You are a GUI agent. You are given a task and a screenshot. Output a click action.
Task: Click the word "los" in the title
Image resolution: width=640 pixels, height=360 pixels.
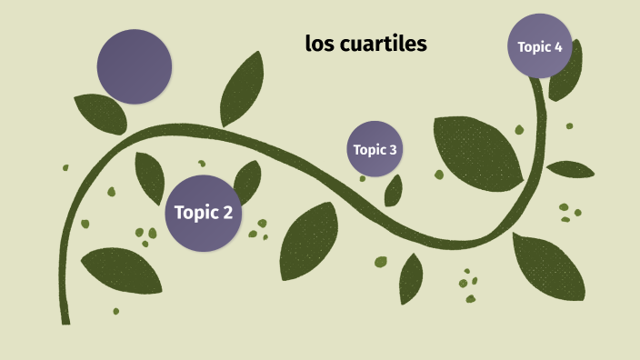[x=319, y=43]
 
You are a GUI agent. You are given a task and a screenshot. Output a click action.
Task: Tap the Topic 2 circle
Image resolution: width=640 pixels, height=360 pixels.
[x=204, y=213]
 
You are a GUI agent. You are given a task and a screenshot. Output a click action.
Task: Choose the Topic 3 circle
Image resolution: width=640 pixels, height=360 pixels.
[x=375, y=149]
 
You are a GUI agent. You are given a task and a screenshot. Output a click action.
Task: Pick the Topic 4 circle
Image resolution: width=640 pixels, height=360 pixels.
[x=540, y=46]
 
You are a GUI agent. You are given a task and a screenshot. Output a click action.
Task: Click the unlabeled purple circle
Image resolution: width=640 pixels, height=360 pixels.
[x=135, y=66]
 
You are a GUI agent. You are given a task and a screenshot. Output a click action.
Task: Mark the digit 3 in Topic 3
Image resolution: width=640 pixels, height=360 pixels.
[x=393, y=150]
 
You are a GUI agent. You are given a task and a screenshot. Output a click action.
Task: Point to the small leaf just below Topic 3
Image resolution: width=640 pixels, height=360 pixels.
[x=394, y=191]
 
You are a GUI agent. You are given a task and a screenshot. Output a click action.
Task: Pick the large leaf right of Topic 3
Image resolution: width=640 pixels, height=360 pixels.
[x=477, y=151]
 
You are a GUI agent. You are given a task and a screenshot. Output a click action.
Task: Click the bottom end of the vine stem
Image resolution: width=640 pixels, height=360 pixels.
[x=65, y=318]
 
